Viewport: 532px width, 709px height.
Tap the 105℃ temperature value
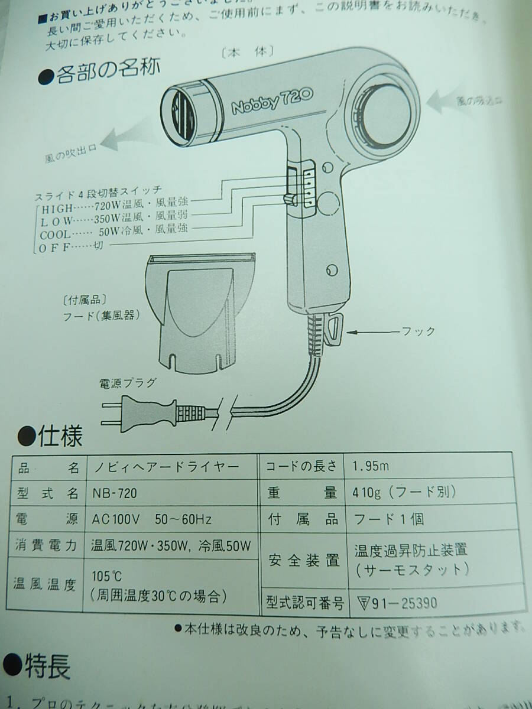pyautogui.click(x=107, y=575)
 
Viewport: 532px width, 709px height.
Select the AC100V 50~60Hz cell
pyautogui.click(x=151, y=519)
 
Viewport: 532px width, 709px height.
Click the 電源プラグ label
pyautogui.click(x=126, y=382)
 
